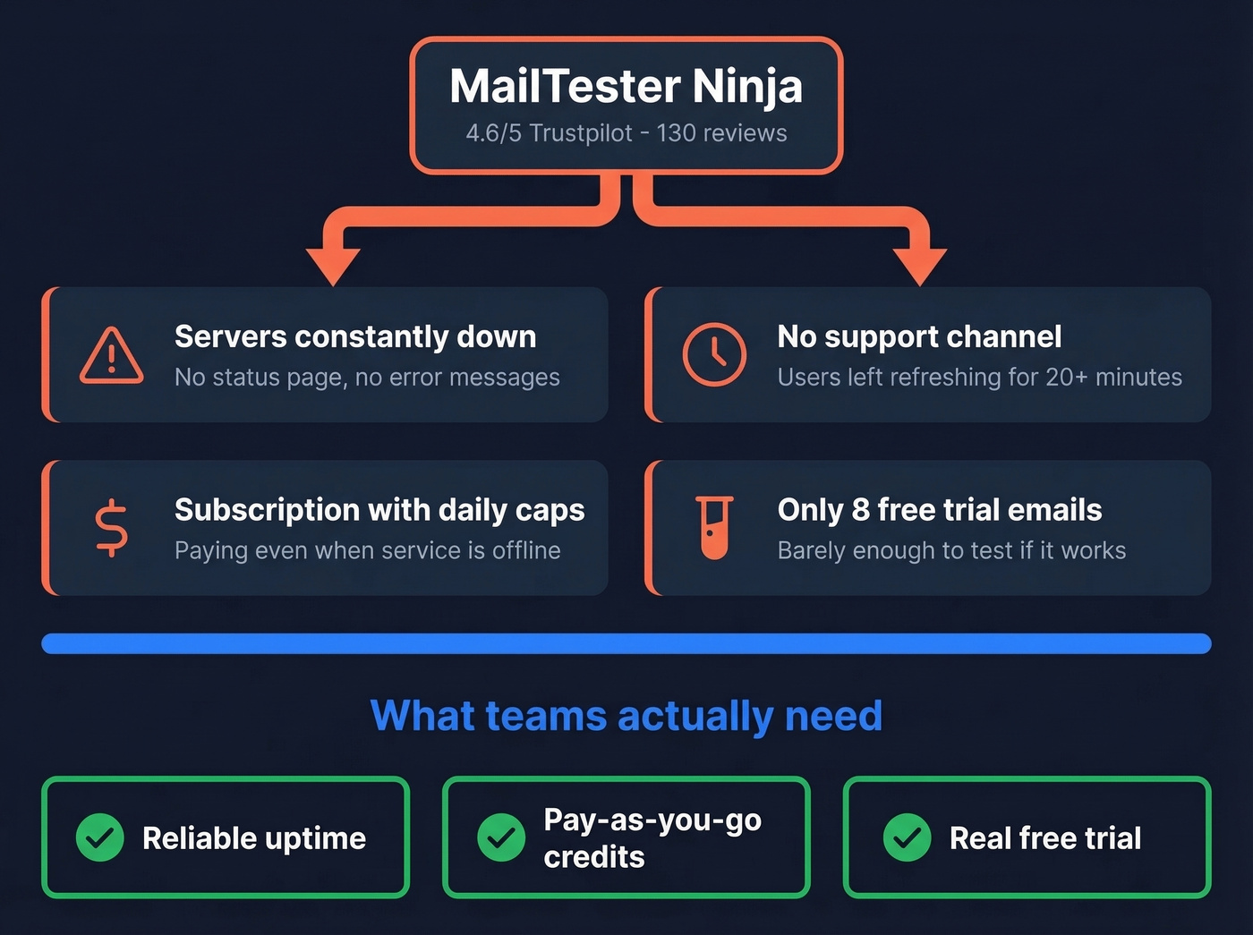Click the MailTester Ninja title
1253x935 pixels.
tap(626, 87)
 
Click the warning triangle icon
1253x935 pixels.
tap(111, 356)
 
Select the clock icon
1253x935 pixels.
tap(714, 354)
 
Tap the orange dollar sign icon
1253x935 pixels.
tap(112, 528)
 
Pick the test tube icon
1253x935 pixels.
tap(714, 528)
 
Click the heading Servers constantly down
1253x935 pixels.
tap(355, 336)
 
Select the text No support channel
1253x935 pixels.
tap(919, 336)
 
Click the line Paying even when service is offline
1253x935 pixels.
tap(367, 550)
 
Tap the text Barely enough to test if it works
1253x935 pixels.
tap(951, 550)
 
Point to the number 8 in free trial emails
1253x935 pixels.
tap(861, 510)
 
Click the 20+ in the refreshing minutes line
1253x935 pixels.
tap(1066, 378)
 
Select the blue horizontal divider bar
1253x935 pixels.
tap(626, 643)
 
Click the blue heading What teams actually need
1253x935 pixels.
tap(626, 716)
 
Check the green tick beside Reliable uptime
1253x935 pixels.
tap(100, 837)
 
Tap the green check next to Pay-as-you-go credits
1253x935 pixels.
tap(501, 837)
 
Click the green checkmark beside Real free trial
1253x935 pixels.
tap(907, 837)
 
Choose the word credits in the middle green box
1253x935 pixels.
tap(594, 857)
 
